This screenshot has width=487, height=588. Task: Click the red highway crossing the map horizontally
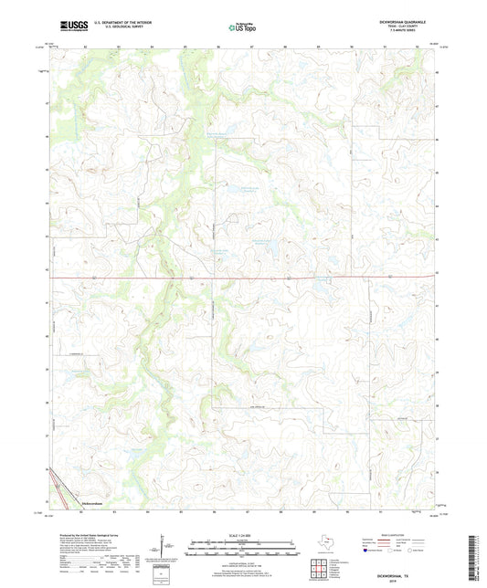click(x=274, y=278)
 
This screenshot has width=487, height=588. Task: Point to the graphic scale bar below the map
click(x=243, y=546)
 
